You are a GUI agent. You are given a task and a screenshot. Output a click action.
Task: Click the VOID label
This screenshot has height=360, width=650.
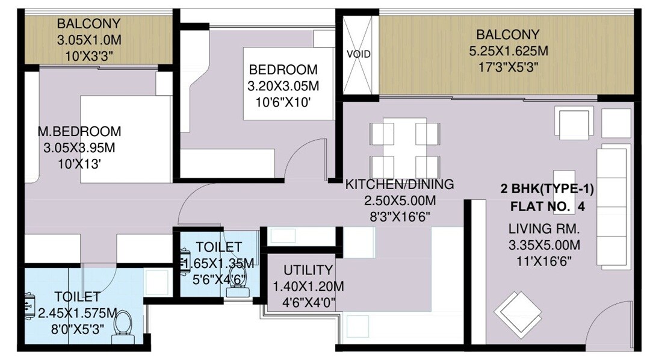pyautogui.click(x=358, y=54)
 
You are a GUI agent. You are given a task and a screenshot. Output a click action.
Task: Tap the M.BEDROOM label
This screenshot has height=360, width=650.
pyautogui.click(x=79, y=131)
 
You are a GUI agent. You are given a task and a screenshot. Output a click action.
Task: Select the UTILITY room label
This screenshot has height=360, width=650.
pyautogui.click(x=308, y=270)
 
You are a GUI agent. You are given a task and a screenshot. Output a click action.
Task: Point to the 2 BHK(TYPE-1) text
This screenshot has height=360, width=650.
pyautogui.click(x=547, y=190)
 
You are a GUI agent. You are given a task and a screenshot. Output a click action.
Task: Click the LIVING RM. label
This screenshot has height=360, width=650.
pyautogui.click(x=543, y=229)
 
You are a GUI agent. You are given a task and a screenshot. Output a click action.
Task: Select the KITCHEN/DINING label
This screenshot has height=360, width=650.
pyautogui.click(x=399, y=184)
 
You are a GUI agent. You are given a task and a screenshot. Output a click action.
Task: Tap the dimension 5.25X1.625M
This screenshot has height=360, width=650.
pyautogui.click(x=508, y=50)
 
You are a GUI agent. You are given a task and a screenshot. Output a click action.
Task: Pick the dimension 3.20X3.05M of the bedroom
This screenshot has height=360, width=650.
pyautogui.click(x=283, y=86)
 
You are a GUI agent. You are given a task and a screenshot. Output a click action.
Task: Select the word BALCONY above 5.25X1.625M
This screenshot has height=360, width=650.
pyautogui.click(x=508, y=34)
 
